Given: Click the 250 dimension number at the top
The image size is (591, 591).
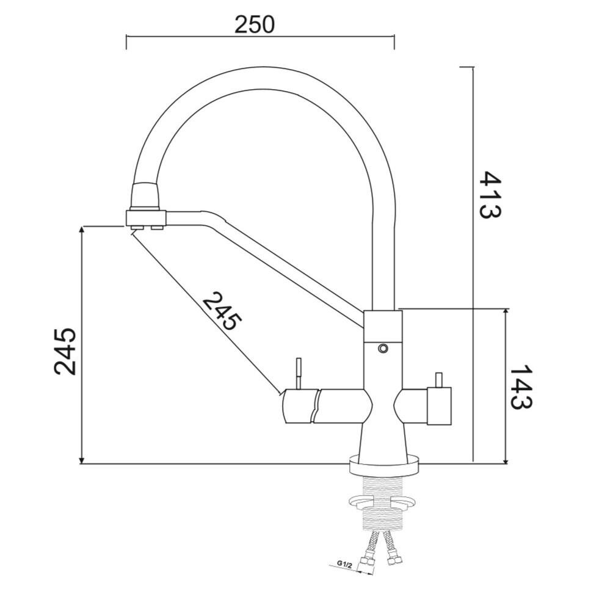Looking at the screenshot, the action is (x=255, y=24).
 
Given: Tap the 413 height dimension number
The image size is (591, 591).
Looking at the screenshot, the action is (x=490, y=195).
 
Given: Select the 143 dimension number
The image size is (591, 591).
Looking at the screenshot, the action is (x=521, y=386).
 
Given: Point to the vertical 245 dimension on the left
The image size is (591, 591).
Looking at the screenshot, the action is (x=65, y=352).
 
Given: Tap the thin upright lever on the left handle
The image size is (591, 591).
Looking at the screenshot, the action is (x=299, y=373).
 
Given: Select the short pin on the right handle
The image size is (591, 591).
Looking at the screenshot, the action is (x=438, y=380).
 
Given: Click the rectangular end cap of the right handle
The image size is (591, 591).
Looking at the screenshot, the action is (x=439, y=405).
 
